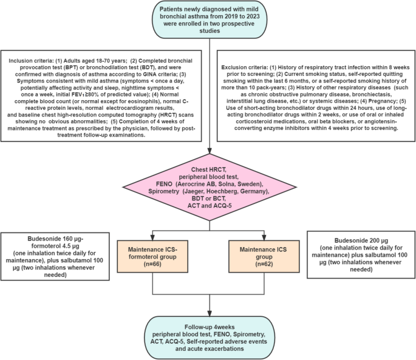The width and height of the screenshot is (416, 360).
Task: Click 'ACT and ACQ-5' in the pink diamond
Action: (x=208, y=206)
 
